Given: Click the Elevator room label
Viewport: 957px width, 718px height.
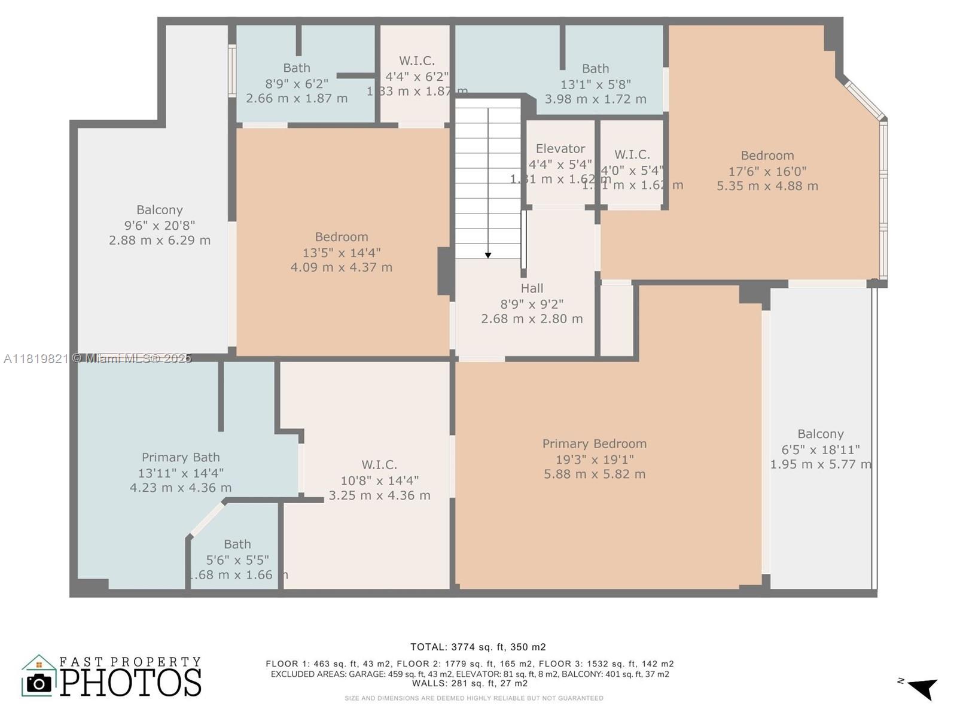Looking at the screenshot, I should (560, 148).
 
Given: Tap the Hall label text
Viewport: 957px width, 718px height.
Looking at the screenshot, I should (532, 288).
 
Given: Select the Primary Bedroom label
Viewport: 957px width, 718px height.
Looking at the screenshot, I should (595, 444).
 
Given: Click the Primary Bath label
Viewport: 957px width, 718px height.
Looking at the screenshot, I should (181, 458).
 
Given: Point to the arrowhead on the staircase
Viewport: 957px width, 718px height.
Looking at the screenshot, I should (488, 255).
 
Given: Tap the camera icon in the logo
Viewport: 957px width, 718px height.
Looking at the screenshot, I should (39, 683).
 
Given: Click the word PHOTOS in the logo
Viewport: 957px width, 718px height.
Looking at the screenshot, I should (131, 683).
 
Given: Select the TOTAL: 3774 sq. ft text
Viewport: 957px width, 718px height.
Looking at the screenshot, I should (477, 647).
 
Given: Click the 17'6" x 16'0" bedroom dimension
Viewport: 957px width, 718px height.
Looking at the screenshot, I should (767, 171).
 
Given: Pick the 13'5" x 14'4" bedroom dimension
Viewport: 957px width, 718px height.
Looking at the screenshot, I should (342, 252).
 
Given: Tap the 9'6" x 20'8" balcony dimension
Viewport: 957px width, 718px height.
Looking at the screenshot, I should (160, 226).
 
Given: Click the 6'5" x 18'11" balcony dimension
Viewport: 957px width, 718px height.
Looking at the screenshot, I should (821, 449).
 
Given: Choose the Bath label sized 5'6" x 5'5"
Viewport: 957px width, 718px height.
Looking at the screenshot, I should (237, 544).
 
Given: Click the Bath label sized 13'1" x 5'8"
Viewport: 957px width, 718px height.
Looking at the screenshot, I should (595, 69).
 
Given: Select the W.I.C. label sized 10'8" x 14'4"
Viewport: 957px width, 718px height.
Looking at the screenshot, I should (379, 465).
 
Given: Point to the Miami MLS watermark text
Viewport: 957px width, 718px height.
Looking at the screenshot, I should (97, 358).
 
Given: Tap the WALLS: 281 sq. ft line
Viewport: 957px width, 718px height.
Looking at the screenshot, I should (470, 683).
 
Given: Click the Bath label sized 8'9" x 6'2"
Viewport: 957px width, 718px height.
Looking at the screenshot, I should (297, 68).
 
